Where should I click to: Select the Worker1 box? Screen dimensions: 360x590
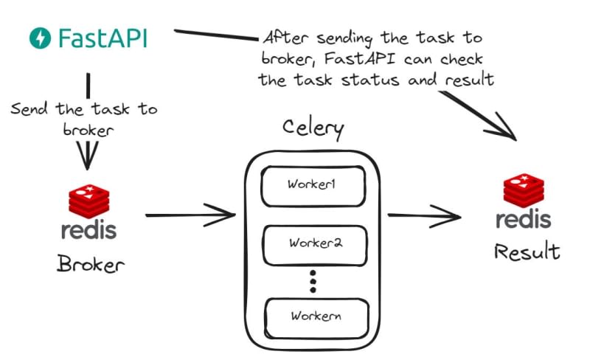click(313, 184)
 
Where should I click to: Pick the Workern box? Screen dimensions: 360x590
click(315, 316)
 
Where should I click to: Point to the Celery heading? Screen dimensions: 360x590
click(313, 128)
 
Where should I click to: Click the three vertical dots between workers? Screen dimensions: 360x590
click(313, 281)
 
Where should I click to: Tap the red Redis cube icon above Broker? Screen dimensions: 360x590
click(88, 200)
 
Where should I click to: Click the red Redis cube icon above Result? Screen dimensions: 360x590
click(524, 190)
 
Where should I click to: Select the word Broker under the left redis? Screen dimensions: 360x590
click(91, 265)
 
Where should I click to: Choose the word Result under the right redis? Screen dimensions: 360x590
click(527, 252)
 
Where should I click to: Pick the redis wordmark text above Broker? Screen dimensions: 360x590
click(88, 229)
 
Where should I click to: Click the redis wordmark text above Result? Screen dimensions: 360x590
click(524, 219)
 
